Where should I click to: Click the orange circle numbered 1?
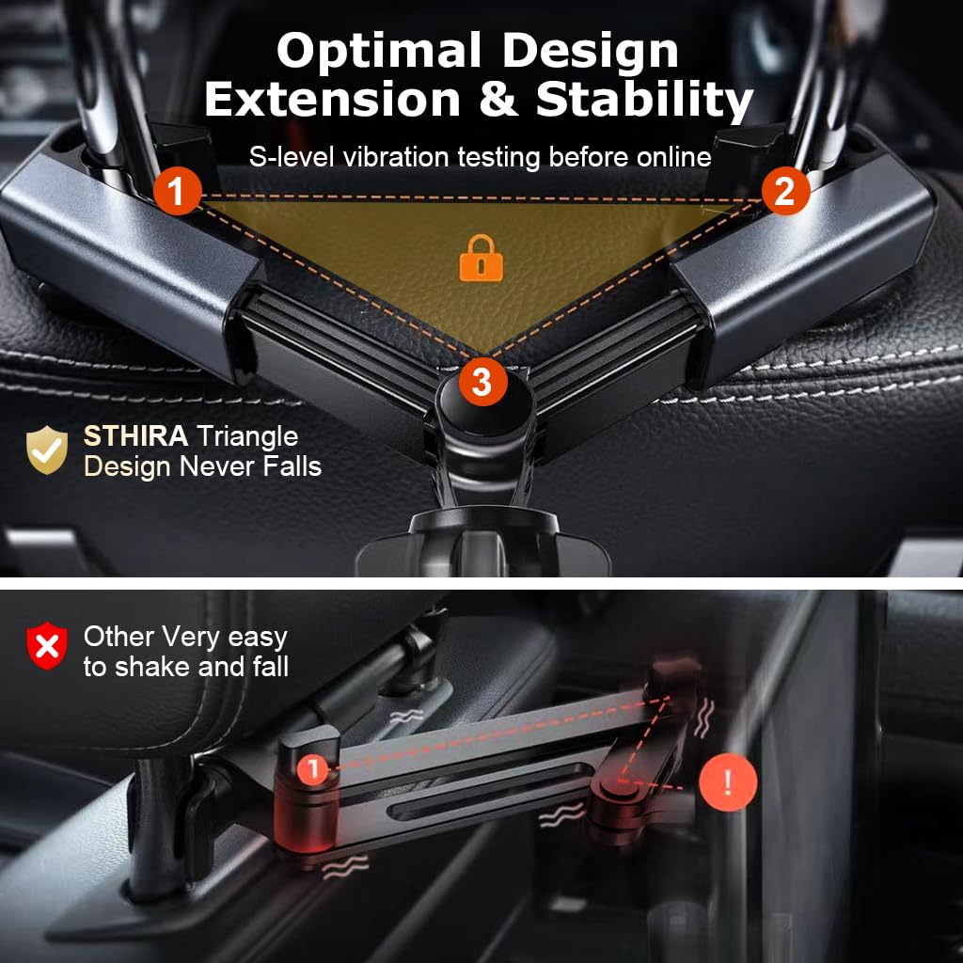[177, 190]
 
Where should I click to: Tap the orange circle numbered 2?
[785, 190]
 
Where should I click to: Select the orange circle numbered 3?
[482, 382]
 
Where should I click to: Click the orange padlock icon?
[481, 258]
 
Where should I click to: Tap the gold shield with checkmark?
[47, 450]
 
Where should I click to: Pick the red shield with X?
[47, 645]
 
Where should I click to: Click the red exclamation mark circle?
[728, 782]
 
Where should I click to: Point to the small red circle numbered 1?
[313, 767]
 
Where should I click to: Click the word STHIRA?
[135, 436]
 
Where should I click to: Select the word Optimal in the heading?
[378, 51]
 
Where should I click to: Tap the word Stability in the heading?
[644, 100]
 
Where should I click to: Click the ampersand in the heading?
[497, 100]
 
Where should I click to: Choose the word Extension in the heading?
[332, 100]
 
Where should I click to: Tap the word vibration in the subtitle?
[396, 157]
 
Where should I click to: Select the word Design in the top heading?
[591, 53]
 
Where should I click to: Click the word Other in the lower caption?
[119, 637]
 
